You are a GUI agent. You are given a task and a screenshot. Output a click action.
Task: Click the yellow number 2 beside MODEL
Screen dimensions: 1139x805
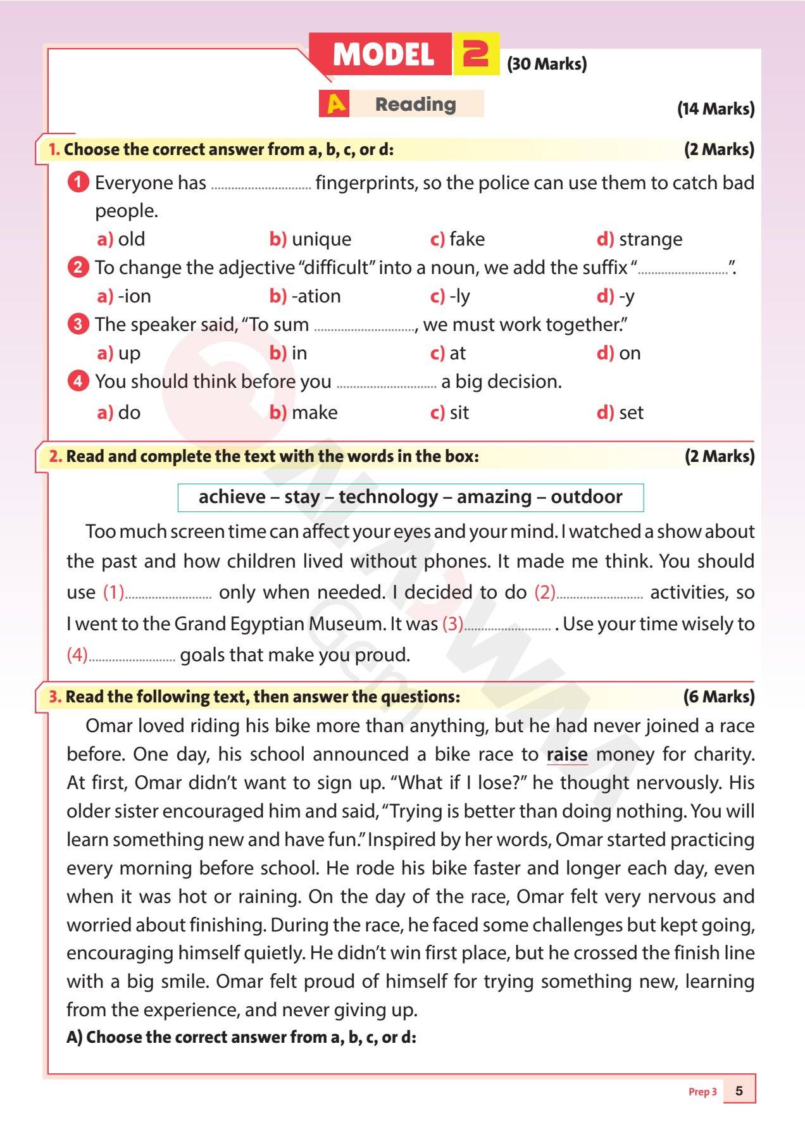point(476,54)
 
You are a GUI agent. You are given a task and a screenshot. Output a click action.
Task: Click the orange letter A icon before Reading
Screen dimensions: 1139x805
point(336,104)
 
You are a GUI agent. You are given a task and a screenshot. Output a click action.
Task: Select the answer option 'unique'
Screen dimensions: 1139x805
point(321,239)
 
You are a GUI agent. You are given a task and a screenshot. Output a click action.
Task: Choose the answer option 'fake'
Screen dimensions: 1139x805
point(466,239)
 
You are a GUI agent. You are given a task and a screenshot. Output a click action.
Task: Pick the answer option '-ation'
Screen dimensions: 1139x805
point(316,296)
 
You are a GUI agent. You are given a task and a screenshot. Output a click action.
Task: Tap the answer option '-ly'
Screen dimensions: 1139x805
point(459,296)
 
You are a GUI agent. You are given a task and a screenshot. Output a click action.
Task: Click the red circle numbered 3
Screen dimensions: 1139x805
point(77,325)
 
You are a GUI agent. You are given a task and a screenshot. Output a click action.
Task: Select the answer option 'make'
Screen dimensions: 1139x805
point(315,413)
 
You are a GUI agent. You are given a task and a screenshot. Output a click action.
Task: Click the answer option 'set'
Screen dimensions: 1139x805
point(630,413)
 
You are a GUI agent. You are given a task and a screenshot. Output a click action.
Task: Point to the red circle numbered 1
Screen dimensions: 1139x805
point(77,183)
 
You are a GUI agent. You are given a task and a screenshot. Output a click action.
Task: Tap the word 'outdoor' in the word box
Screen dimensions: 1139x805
point(586,497)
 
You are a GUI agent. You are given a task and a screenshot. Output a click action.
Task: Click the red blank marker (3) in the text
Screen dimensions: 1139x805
point(452,624)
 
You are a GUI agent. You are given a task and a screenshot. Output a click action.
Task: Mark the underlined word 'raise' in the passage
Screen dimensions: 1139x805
point(567,755)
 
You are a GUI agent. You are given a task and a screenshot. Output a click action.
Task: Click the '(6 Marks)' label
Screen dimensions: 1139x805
point(719,697)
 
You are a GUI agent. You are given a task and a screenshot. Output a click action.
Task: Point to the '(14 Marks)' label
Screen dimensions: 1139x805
point(716,109)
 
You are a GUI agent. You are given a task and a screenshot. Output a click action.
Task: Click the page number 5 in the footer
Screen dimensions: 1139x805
point(739,1091)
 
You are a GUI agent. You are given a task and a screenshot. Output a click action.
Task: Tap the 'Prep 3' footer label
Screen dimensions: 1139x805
point(702,1092)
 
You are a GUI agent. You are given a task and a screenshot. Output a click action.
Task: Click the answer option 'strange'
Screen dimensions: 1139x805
point(650,239)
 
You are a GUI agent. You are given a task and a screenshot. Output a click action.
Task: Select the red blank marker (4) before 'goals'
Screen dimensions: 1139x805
point(77,655)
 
